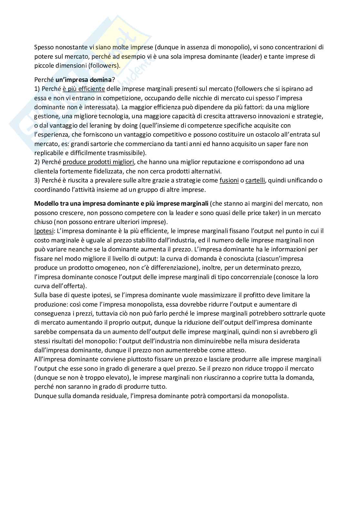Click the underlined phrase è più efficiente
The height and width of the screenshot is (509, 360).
[x=84, y=88]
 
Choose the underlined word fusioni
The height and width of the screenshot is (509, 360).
[x=229, y=180]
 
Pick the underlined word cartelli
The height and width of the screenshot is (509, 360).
[x=255, y=180]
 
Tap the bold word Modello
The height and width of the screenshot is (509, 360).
[x=46, y=203]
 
